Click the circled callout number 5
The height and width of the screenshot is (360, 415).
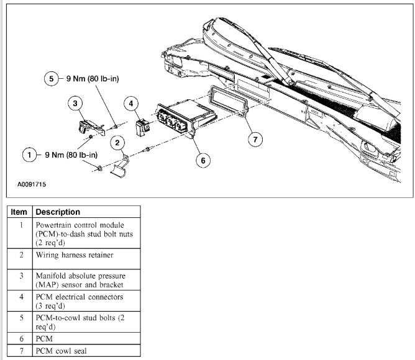pyautogui.click(x=52, y=79)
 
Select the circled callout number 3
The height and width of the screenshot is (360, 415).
pyautogui.click(x=75, y=103)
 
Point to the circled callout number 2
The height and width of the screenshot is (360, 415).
pyautogui.click(x=116, y=143)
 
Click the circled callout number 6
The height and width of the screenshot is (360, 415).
pyautogui.click(x=202, y=160)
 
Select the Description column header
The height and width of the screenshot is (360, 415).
pyautogui.click(x=58, y=212)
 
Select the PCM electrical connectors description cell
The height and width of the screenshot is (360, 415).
pyautogui.click(x=80, y=302)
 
